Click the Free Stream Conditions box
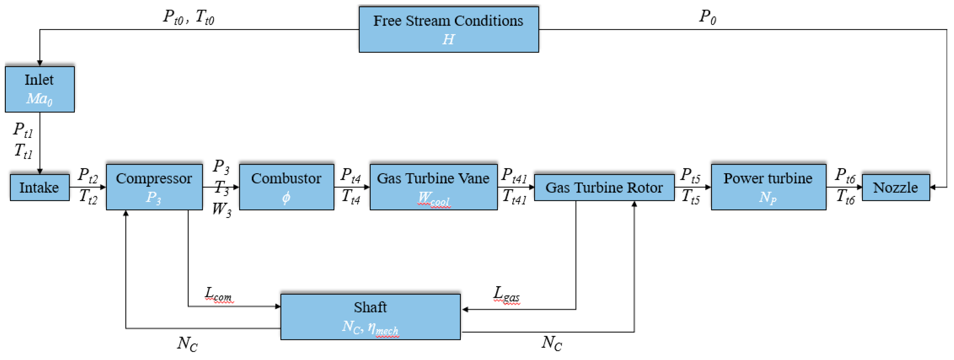tap(448, 29)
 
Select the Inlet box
tap(40, 89)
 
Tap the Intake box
tap(40, 187)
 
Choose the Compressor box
tap(154, 187)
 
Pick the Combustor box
tap(286, 187)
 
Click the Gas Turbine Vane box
tap(433, 187)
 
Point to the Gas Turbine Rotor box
tap(604, 187)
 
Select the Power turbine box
tap(768, 187)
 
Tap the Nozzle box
tap(895, 187)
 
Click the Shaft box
tap(370, 317)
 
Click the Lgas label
tap(506, 294)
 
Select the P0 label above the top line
tap(707, 17)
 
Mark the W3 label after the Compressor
tap(222, 210)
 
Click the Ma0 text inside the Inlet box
tap(39, 99)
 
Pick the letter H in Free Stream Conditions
tap(448, 39)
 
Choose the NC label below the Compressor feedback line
tap(187, 344)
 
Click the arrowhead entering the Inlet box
tap(40, 63)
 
